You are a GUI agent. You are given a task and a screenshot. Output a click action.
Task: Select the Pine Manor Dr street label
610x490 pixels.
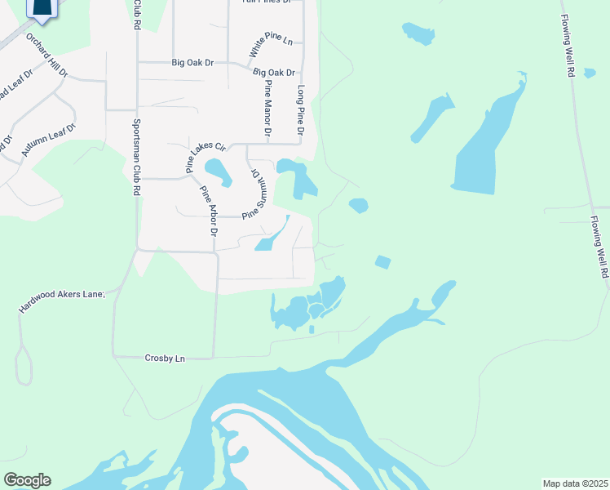point(267,108)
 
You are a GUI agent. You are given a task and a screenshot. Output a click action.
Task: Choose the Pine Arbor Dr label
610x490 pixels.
point(209,211)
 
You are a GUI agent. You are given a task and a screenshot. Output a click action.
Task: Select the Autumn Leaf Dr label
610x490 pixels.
point(48,140)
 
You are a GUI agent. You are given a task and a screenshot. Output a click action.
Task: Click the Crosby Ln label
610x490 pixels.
point(165,358)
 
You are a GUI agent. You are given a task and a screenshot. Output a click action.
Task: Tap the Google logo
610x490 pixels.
point(27,480)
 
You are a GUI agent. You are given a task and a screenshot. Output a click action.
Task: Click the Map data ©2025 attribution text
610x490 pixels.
point(575,483)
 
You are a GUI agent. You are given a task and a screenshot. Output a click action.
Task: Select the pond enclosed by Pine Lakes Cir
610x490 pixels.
point(218,171)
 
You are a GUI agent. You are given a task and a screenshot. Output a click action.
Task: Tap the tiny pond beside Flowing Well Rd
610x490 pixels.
point(590,73)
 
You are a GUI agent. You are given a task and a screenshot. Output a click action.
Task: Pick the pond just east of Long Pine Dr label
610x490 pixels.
point(299,176)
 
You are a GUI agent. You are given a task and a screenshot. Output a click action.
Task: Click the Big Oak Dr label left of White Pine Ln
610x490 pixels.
point(192,62)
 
